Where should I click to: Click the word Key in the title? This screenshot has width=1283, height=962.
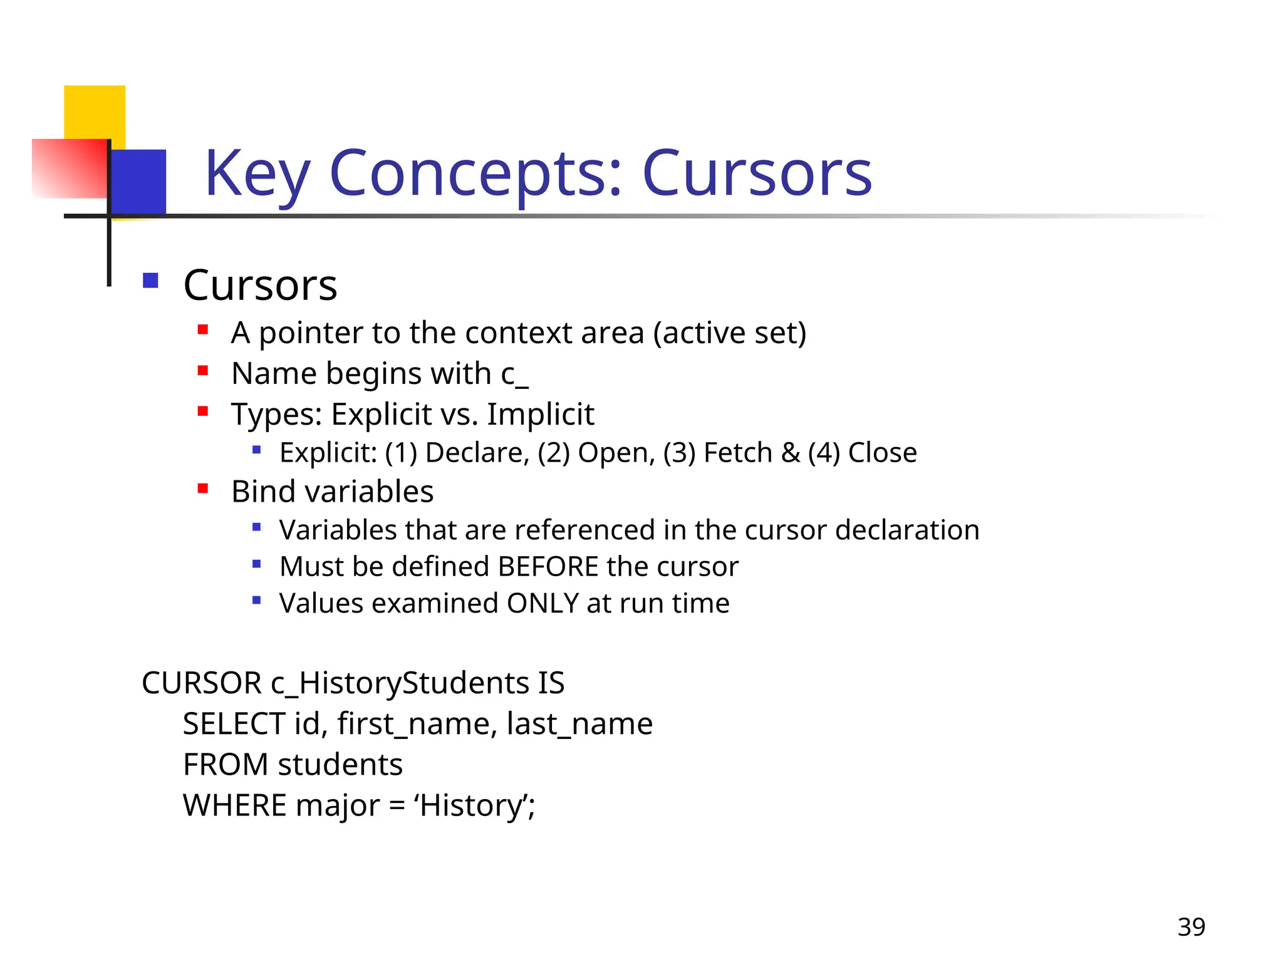tap(257, 173)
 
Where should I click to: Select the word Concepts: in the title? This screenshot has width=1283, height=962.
tap(476, 173)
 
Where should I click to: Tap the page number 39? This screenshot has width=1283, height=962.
tap(1191, 927)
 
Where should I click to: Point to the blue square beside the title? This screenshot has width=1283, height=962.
tap(139, 182)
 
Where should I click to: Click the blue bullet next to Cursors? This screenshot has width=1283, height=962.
tap(150, 280)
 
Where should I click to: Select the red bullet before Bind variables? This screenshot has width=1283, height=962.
tap(202, 489)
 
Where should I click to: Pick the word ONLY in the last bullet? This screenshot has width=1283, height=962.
tap(543, 604)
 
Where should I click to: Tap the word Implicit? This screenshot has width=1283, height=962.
tap(541, 414)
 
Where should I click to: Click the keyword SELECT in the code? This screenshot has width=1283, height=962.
tap(234, 724)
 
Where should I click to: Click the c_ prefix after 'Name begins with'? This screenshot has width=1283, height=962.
tap(514, 375)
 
